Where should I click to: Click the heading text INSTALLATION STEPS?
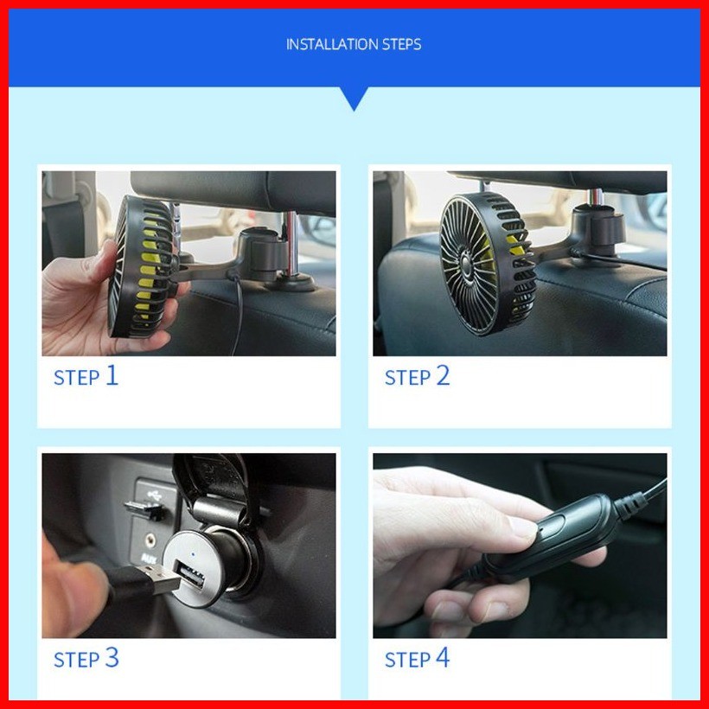354,44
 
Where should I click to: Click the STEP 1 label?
86,376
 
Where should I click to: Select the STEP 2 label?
417,376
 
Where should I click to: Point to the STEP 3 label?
86,658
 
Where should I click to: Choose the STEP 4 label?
417,658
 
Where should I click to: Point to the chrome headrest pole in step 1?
291,244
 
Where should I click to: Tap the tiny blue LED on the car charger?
194,553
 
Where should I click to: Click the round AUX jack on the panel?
150,539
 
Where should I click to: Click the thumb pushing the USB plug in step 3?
77,591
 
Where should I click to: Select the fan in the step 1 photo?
144,267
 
